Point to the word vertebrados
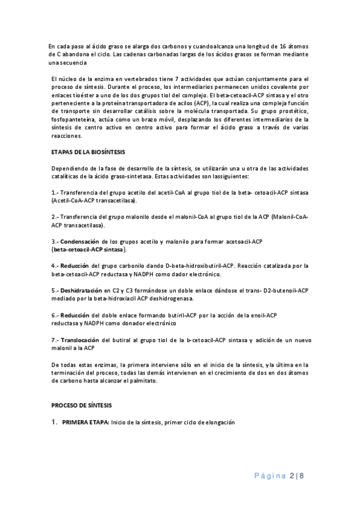pos(129,79)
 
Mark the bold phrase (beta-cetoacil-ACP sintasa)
pos(89,248)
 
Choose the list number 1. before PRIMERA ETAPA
pos(54,423)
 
